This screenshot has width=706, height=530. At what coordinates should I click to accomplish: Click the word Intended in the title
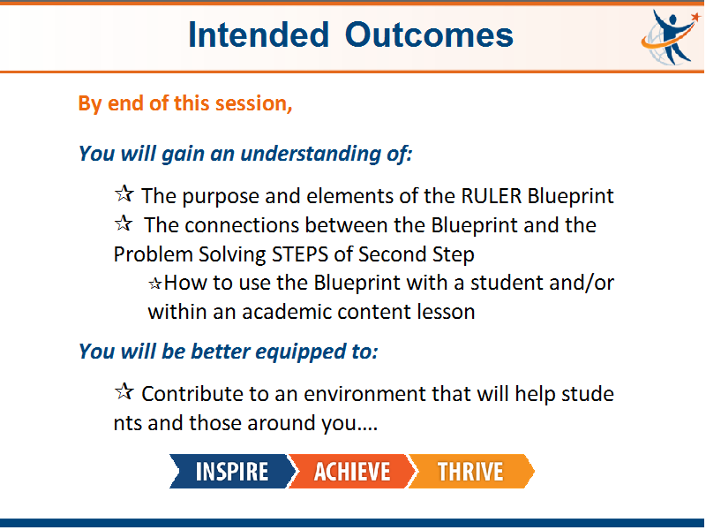tap(259, 34)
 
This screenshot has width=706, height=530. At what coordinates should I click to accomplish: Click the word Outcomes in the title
tap(429, 34)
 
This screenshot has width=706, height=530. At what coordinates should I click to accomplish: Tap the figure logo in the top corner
tap(671, 37)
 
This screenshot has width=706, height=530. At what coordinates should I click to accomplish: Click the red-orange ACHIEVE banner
tap(351, 472)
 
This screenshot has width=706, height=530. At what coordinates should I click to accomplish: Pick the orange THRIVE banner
tap(471, 472)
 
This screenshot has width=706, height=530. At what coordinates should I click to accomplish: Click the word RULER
tap(492, 196)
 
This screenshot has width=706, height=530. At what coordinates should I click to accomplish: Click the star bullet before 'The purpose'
tap(124, 193)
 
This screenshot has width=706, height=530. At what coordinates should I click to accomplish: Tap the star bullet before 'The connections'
tap(124, 223)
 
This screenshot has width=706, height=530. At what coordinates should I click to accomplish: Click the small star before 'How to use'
tap(155, 284)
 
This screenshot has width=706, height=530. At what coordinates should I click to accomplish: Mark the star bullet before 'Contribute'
tap(124, 391)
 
